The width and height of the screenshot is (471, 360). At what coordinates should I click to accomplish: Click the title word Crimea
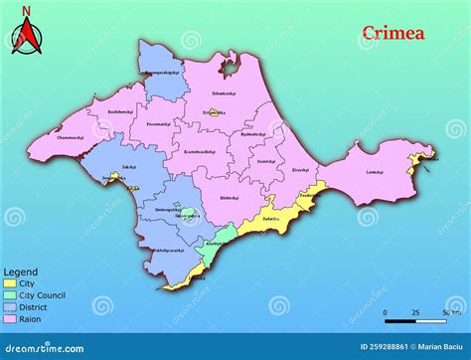point(392,33)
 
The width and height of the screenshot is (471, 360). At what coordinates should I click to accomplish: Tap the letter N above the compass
point(27,12)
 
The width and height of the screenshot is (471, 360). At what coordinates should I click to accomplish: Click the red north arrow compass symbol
point(27,39)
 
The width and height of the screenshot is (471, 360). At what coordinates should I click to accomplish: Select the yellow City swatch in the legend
point(10,282)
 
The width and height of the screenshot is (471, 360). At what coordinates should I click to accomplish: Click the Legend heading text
point(21,271)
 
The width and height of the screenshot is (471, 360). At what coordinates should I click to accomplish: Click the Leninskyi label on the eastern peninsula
point(374,172)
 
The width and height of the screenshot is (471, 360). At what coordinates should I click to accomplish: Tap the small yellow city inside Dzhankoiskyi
point(210,113)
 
